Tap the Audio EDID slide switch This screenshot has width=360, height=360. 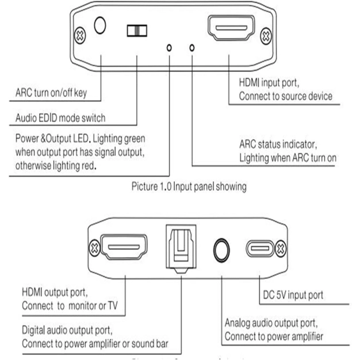click(x=137, y=30)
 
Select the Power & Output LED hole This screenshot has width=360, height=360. click(x=169, y=48)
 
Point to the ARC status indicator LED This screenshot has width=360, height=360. click(x=192, y=48)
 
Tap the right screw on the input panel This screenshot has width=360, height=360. click(x=265, y=35)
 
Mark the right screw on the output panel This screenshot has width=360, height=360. click(x=280, y=250)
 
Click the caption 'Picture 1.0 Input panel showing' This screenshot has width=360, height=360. click(x=189, y=186)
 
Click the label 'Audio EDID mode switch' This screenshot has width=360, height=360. click(x=61, y=118)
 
